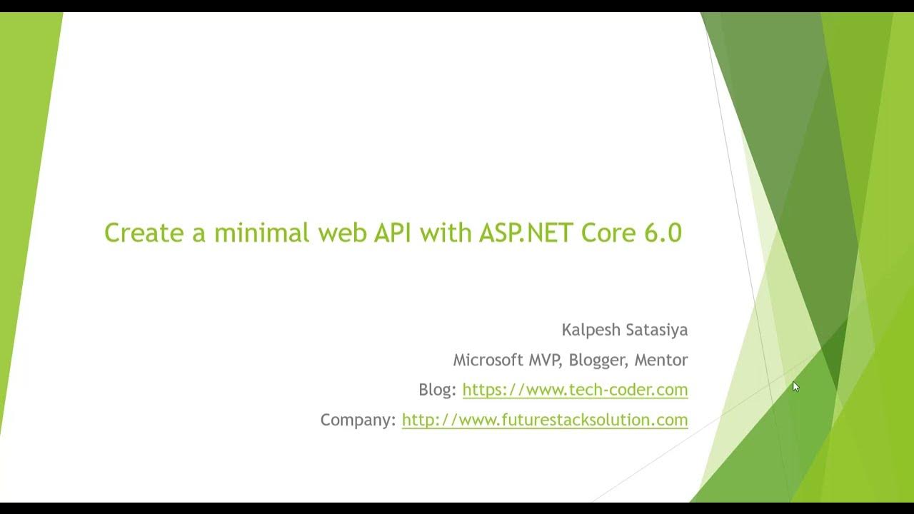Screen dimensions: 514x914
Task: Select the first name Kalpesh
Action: point(591,330)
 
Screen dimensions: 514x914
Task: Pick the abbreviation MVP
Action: point(546,360)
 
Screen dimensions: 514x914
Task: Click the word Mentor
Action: point(661,360)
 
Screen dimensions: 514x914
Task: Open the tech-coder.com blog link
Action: point(575,390)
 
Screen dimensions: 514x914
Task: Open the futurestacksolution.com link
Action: point(545,420)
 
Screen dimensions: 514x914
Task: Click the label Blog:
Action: point(437,390)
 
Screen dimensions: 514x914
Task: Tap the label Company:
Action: point(358,420)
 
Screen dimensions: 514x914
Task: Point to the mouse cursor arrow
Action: point(795,386)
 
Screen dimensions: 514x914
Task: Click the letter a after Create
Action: point(199,234)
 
